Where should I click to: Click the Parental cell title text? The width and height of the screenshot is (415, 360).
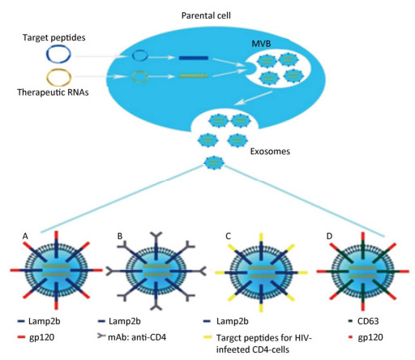point(206,15)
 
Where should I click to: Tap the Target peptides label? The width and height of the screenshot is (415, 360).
point(54,37)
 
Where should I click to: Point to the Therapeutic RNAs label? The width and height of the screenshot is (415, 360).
point(53,92)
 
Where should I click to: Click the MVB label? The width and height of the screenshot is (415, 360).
point(261,44)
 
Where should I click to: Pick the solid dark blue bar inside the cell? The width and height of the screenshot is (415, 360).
point(194,58)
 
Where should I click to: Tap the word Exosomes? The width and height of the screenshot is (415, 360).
point(270,152)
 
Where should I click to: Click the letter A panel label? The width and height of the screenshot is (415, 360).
point(25,237)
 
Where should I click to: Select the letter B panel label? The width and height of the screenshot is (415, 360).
point(120,236)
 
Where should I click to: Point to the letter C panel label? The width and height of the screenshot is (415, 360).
point(228,236)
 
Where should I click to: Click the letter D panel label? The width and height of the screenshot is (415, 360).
point(329,236)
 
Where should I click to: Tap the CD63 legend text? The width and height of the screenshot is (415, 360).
point(368,321)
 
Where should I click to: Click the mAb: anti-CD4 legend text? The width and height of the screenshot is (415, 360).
point(137,337)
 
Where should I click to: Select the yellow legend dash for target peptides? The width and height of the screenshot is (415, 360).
point(207,337)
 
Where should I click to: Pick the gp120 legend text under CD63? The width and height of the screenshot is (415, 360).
point(370,337)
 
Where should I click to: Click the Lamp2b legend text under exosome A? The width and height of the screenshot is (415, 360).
point(44,321)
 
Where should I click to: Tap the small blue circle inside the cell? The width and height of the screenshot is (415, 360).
point(140,55)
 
